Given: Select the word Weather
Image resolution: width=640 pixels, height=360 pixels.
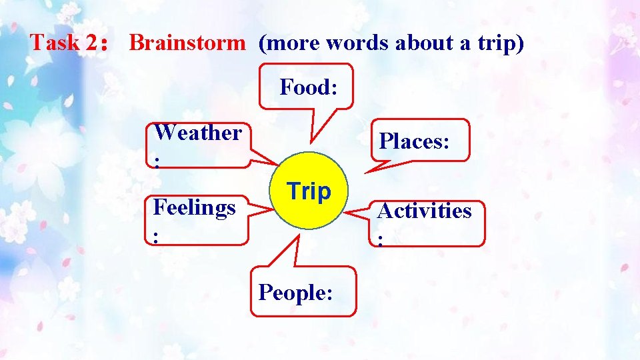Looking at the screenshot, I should pos(197,133).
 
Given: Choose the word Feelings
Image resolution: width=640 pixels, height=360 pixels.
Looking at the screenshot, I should pos(194,207).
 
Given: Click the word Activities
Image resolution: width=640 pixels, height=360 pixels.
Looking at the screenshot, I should pos(424,211).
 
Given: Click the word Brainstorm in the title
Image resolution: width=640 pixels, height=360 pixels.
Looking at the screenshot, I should pos(187,43).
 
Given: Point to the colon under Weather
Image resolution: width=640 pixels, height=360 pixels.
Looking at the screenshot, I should pos(157,160).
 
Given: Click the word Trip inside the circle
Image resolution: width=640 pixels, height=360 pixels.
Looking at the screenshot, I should pos(309,191).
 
